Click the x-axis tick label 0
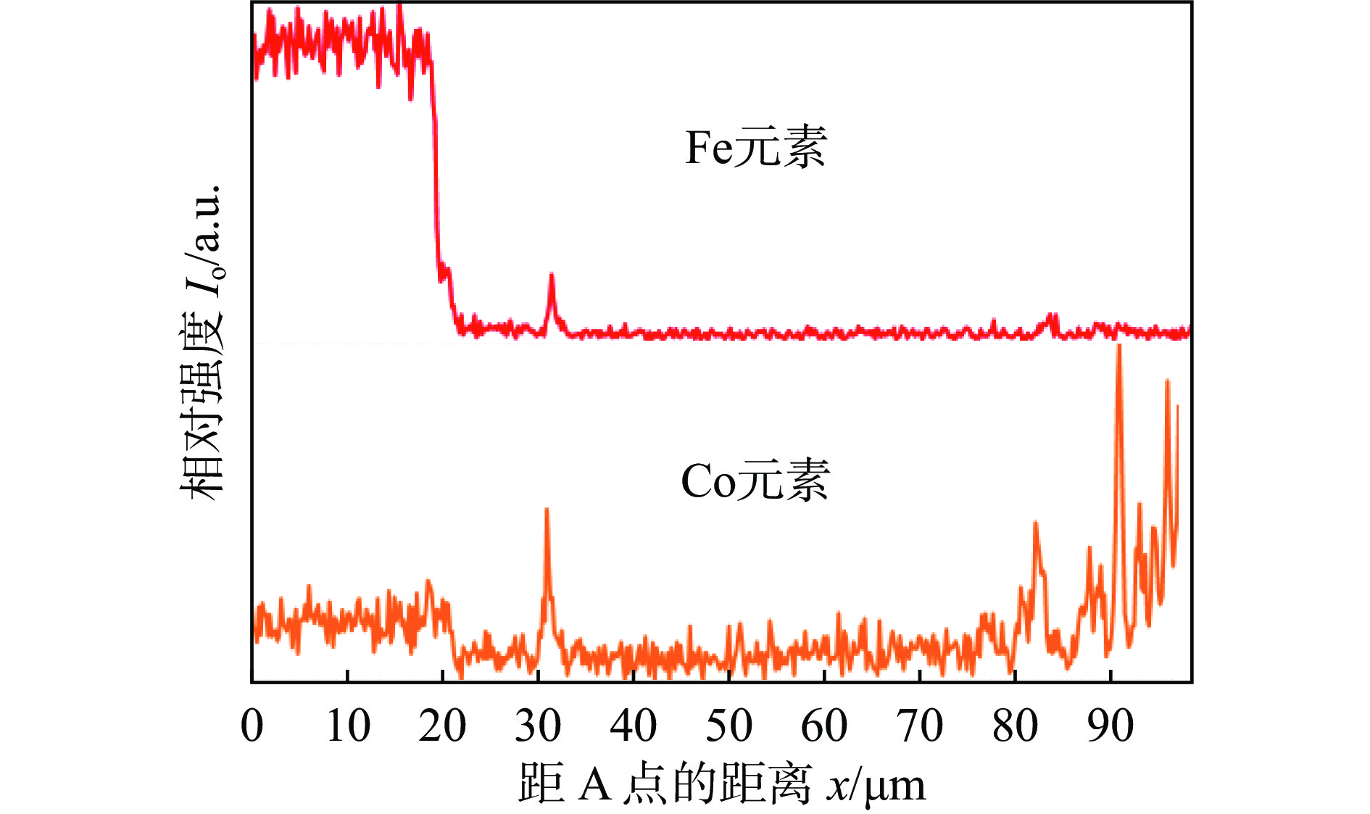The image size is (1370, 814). (252, 726)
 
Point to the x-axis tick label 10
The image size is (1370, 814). (348, 726)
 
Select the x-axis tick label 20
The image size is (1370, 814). (442, 726)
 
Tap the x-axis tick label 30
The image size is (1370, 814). (538, 726)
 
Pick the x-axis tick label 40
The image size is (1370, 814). (633, 726)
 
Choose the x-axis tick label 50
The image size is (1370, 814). (728, 726)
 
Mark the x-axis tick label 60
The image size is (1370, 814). (824, 726)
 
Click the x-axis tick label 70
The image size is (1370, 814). (920, 726)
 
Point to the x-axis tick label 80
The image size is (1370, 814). (1015, 726)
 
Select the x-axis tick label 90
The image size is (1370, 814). (1110, 726)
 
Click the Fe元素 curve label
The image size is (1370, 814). (755, 148)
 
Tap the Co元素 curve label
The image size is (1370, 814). (755, 481)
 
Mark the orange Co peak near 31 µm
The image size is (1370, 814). (547, 510)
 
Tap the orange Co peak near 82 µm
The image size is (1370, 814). (1036, 523)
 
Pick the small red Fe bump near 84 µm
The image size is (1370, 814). (1052, 316)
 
